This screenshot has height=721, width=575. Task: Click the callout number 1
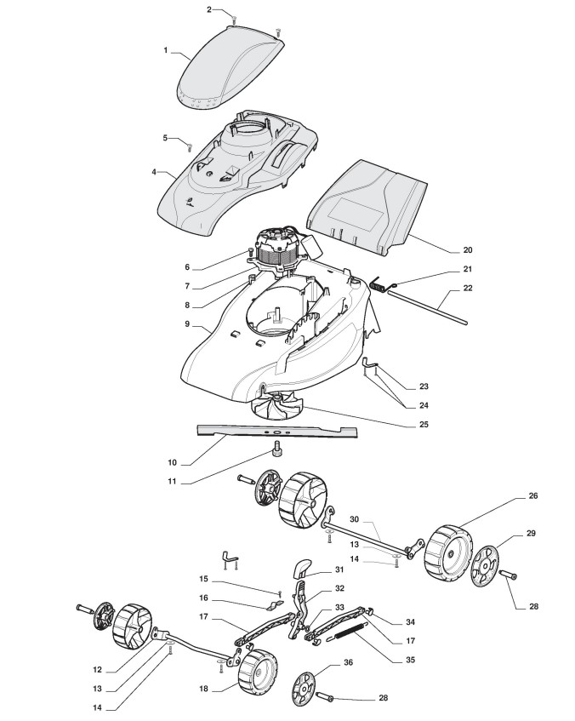pyautogui.click(x=166, y=50)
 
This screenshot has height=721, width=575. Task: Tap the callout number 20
pyautogui.click(x=466, y=250)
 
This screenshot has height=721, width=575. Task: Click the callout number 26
pyautogui.click(x=532, y=495)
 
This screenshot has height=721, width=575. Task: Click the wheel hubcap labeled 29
pyautogui.click(x=484, y=572)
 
